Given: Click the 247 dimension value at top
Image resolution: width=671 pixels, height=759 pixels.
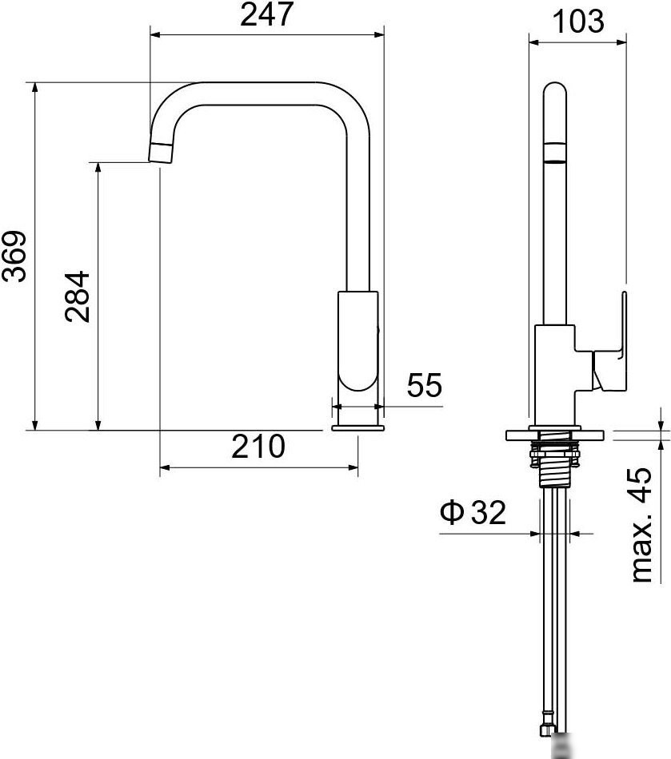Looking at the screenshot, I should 265,15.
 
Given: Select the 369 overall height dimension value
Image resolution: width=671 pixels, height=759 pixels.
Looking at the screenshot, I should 15,256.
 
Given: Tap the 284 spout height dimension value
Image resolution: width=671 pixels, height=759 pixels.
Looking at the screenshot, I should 78,296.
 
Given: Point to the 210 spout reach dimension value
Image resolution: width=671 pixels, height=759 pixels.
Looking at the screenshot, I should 258,447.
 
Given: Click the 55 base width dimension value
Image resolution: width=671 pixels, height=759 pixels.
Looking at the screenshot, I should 424,386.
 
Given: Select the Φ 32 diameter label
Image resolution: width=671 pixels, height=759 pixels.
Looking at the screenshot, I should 473,513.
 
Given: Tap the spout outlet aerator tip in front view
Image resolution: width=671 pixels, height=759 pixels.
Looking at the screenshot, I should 161,152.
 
